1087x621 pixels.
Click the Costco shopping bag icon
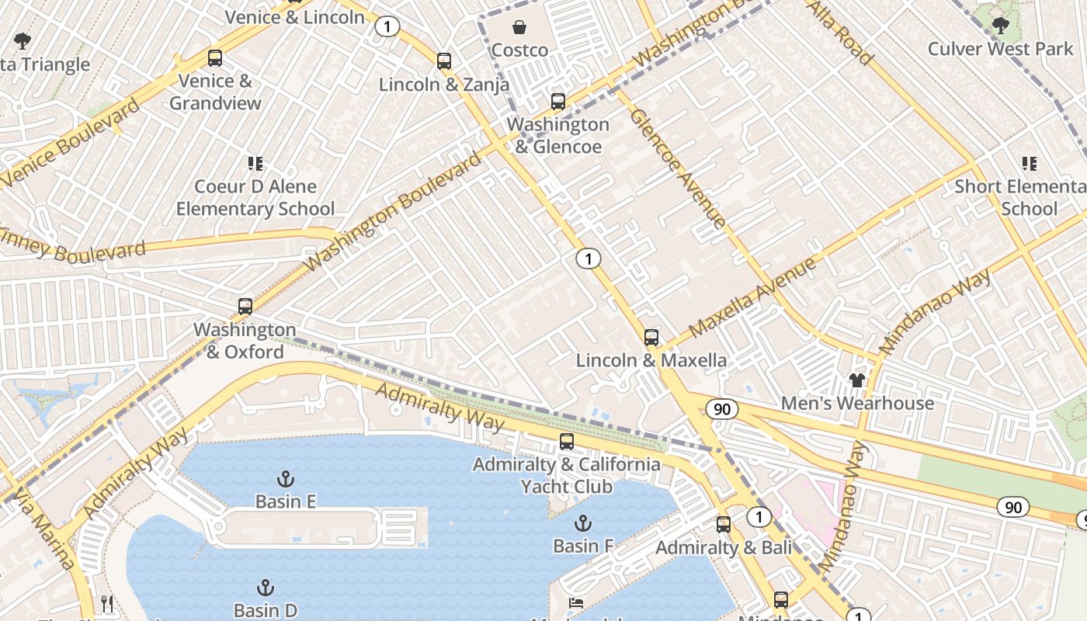(519, 28)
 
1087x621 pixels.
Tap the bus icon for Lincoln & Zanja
(444, 61)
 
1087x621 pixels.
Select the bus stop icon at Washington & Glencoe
(557, 102)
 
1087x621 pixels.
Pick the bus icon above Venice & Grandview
(215, 58)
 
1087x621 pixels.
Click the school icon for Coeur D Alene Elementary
(255, 164)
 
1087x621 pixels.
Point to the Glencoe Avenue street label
(677, 168)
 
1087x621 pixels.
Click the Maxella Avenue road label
(751, 297)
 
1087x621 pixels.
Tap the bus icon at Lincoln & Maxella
(651, 338)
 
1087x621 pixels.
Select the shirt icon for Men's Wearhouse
(856, 380)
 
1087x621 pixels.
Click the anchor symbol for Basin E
(286, 478)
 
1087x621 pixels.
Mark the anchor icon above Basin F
(582, 523)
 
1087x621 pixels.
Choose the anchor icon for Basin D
(266, 588)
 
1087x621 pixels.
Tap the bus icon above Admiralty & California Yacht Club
(567, 442)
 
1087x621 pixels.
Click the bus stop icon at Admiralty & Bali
(724, 525)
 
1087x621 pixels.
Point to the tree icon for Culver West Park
(1001, 26)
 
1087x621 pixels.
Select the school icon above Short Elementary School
(1030, 164)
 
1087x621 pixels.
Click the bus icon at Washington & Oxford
(245, 307)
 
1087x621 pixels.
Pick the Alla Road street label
(840, 33)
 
